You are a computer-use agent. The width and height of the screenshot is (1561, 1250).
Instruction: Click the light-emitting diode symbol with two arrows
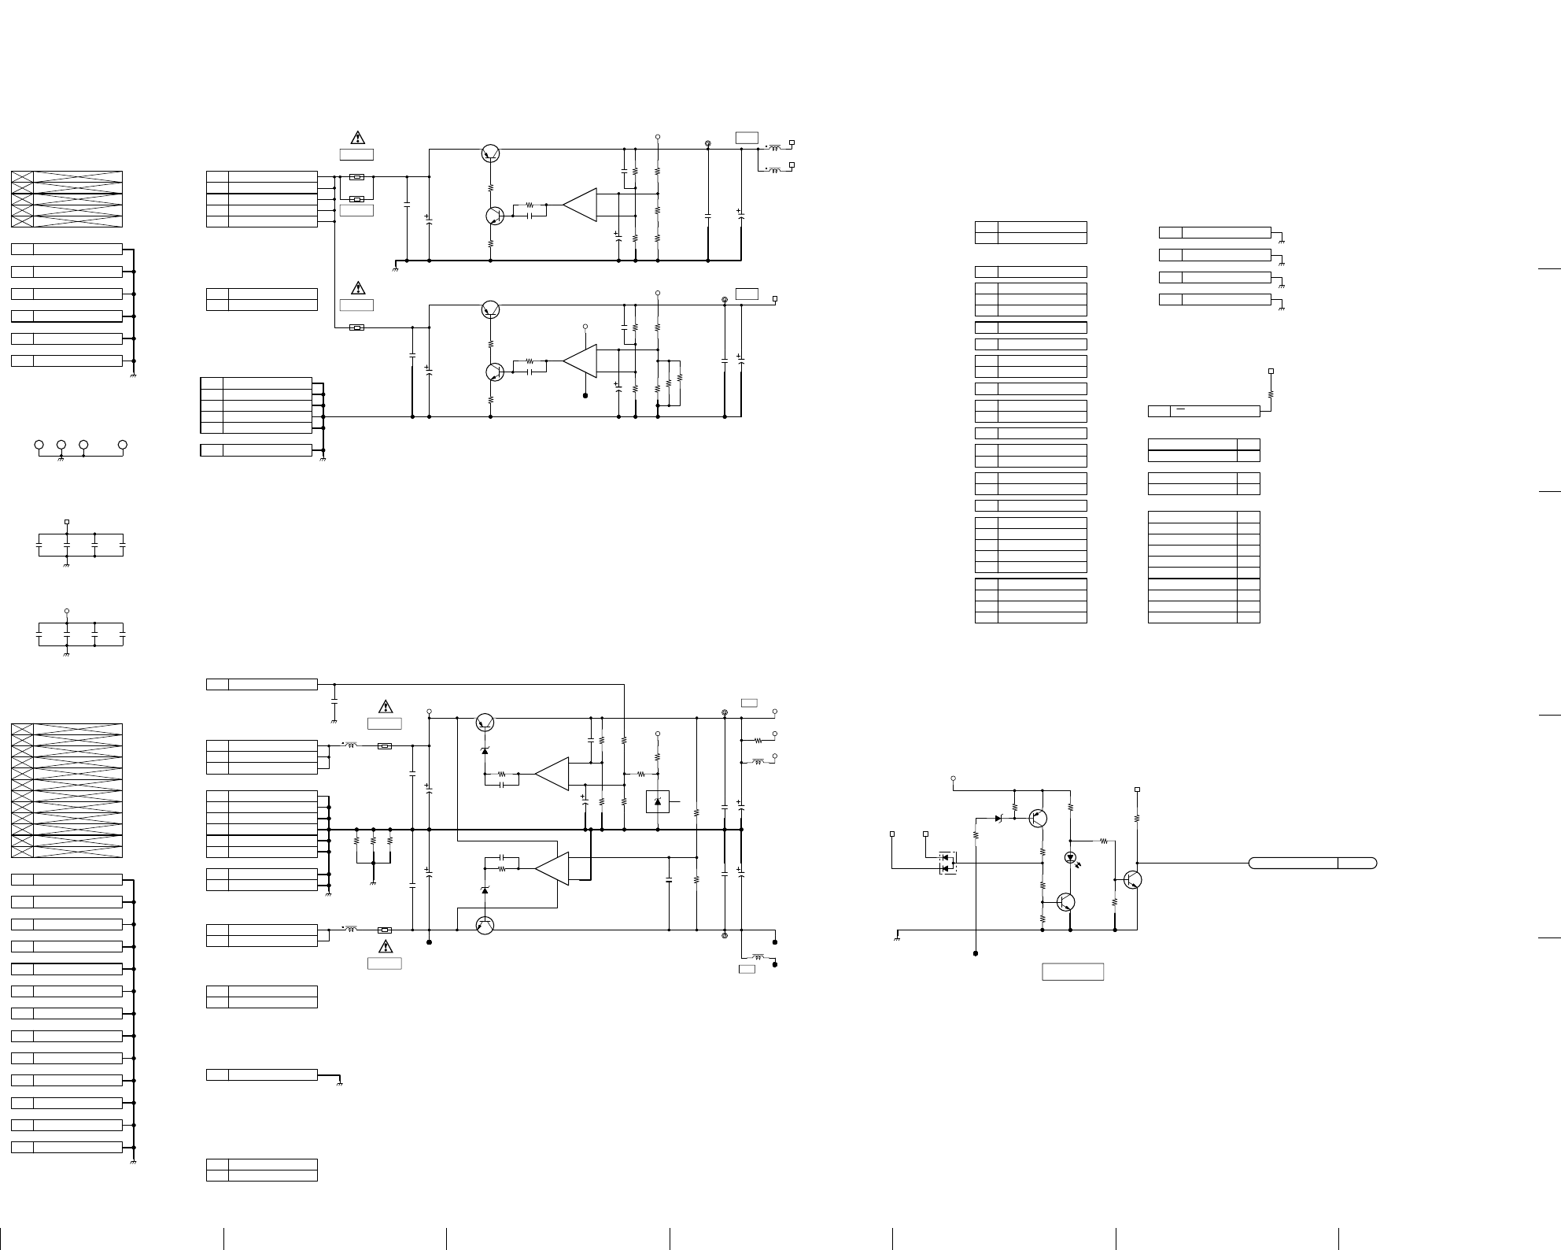point(1070,857)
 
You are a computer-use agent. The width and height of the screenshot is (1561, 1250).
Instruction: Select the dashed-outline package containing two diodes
point(948,863)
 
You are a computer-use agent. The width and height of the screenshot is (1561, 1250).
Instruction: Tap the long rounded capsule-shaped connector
point(1312,863)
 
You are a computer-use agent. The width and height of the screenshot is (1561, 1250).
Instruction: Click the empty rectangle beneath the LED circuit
point(1072,971)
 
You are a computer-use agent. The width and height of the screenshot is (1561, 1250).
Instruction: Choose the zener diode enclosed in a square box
point(658,801)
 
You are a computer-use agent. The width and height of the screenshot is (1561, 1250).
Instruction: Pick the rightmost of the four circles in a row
point(123,445)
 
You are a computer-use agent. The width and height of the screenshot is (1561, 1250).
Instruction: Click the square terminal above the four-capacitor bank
point(67,521)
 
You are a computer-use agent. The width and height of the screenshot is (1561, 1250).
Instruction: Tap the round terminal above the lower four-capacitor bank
point(67,611)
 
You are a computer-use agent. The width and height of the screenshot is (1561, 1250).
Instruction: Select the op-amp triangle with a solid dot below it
point(580,361)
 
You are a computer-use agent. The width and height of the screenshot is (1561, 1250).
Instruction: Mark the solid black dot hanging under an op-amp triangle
point(585,396)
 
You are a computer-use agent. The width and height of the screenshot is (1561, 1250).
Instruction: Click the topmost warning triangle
point(358,138)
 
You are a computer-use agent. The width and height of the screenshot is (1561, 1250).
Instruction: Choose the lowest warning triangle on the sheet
point(385,946)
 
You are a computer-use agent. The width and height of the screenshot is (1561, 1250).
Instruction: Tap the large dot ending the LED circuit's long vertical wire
point(976,953)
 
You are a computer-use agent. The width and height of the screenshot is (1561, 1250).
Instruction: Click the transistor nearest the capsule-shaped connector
point(1133,879)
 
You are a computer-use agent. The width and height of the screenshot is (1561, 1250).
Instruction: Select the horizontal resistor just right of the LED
point(1104,841)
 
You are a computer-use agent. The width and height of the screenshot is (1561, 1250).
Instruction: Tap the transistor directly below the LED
point(1065,902)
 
